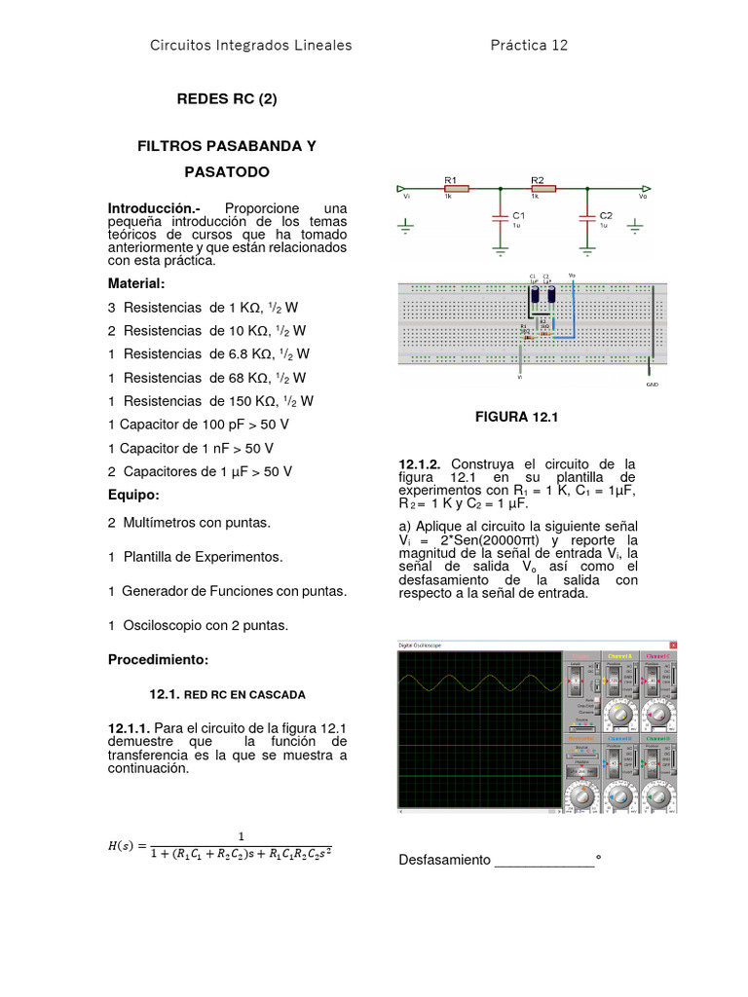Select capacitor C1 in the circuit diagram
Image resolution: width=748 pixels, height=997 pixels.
(500, 218)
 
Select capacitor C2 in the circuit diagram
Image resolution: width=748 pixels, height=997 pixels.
(586, 218)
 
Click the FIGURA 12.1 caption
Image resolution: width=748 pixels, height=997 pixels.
(514, 417)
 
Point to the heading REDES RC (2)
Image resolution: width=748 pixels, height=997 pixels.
(219, 98)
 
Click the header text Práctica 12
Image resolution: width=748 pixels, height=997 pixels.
(529, 45)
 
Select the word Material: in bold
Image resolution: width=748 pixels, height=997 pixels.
(136, 283)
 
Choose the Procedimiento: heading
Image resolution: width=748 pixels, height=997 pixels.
(158, 660)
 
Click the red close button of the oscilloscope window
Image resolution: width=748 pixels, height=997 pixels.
(671, 645)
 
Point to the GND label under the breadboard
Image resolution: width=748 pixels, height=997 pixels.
(652, 384)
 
